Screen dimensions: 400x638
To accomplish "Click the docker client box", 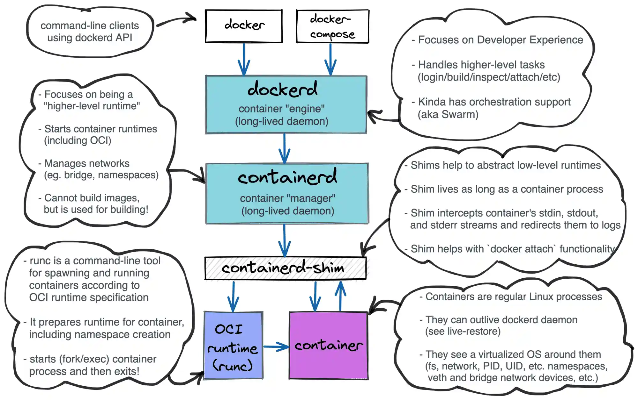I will pyautogui.click(x=244, y=26).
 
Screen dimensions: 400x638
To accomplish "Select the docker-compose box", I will pyautogui.click(x=332, y=26).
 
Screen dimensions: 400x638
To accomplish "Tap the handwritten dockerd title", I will pyautogui.click(x=283, y=89).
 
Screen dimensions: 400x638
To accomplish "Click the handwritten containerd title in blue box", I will pyautogui.click(x=287, y=177).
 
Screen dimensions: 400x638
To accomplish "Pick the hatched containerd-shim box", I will pyautogui.click(x=285, y=268).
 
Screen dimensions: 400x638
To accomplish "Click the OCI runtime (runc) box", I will pyautogui.click(x=233, y=346).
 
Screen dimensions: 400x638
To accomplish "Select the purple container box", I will pyautogui.click(x=328, y=346).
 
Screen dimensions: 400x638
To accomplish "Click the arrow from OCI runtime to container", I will pyautogui.click(x=276, y=346).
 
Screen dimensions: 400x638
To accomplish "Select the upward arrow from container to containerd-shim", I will pyautogui.click(x=340, y=296).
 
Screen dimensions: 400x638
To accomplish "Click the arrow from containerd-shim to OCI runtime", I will pyautogui.click(x=233, y=296).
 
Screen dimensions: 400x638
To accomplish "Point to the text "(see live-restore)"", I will pyautogui.click(x=463, y=332).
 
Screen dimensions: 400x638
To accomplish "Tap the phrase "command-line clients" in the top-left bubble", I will pyautogui.click(x=90, y=25).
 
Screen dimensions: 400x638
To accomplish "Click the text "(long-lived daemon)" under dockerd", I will pyautogui.click(x=282, y=121).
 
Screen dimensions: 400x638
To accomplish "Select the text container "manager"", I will pyautogui.click(x=287, y=198).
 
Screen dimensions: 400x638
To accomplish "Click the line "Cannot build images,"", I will pyautogui.click(x=92, y=198).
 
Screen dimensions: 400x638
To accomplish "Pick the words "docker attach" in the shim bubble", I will pyautogui.click(x=522, y=249).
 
